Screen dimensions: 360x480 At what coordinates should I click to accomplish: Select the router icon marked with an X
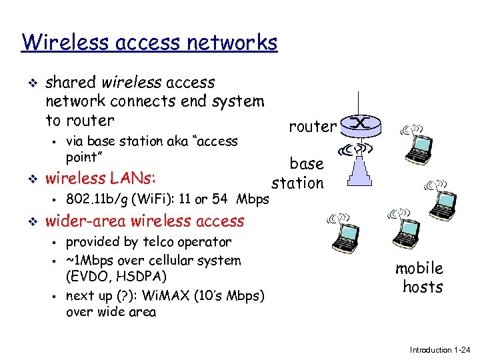[360, 124]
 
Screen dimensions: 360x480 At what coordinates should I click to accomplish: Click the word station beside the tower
[297, 182]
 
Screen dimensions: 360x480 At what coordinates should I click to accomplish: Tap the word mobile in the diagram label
[419, 268]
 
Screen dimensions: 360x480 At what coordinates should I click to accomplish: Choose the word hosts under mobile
[423, 287]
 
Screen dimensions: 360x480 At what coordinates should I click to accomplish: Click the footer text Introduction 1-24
[439, 349]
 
